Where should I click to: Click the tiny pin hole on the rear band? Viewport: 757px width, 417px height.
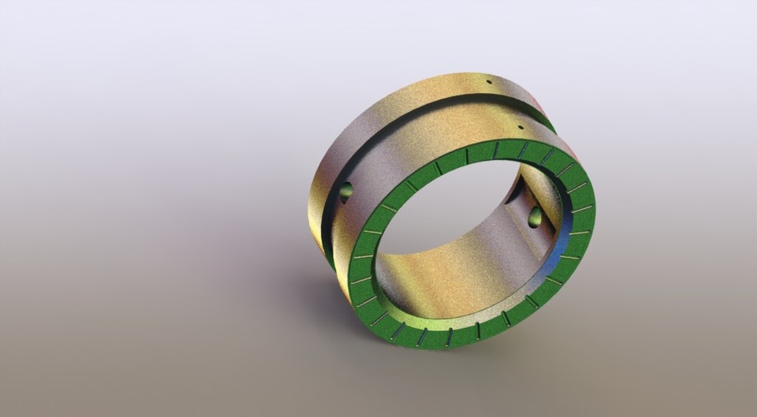489,82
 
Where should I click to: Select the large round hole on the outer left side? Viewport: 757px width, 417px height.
345,191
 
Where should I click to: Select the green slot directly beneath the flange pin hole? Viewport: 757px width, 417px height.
521,149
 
